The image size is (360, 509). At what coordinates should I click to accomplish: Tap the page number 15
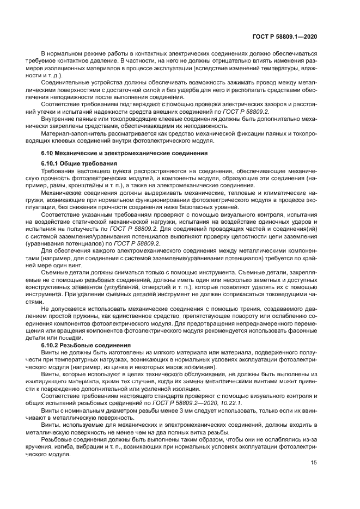(314, 462)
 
